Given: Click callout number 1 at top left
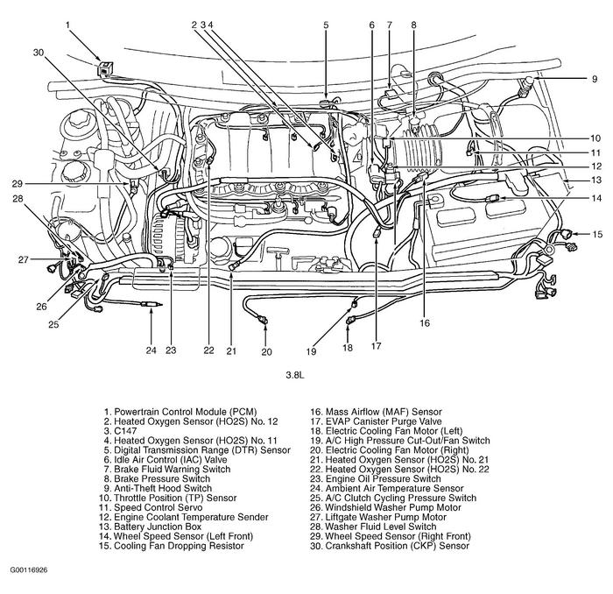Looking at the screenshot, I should (x=67, y=25).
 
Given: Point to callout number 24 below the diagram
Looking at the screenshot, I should (x=150, y=350).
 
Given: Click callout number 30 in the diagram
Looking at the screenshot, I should (x=38, y=53).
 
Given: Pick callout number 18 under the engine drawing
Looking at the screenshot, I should (x=347, y=348).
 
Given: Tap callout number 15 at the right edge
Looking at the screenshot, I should (x=596, y=234).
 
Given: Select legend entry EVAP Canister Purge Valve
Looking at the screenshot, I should (x=384, y=421).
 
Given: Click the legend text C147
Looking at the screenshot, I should (x=120, y=430).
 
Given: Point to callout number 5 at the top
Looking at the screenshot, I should (x=325, y=25).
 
